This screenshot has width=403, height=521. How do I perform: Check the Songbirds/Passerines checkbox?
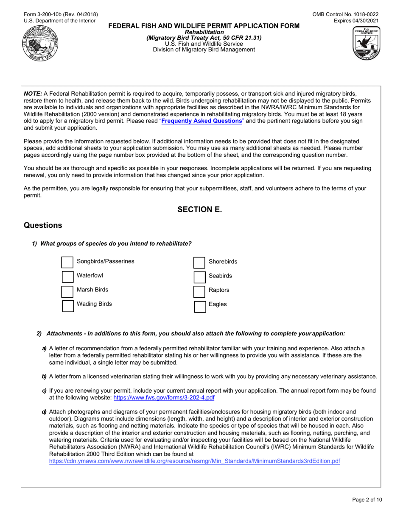67,262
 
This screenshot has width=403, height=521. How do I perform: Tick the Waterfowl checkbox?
67,277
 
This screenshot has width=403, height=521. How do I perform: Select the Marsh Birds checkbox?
67,291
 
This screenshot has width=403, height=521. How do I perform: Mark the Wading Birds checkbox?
68,306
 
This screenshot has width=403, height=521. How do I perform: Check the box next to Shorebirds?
199,262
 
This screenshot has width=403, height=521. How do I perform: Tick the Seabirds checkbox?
199,277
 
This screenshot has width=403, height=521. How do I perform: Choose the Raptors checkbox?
199,292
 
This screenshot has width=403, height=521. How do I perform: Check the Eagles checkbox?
199,306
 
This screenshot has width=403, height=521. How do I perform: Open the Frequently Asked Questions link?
202,121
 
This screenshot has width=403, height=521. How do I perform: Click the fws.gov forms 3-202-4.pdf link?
164,398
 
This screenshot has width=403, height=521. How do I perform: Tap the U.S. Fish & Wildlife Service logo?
366,44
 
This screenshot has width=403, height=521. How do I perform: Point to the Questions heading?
43,225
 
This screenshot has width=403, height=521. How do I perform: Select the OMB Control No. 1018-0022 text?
345,14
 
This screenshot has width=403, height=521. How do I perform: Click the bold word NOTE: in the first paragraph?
33,94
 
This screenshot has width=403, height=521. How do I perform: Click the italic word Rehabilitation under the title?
204,32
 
